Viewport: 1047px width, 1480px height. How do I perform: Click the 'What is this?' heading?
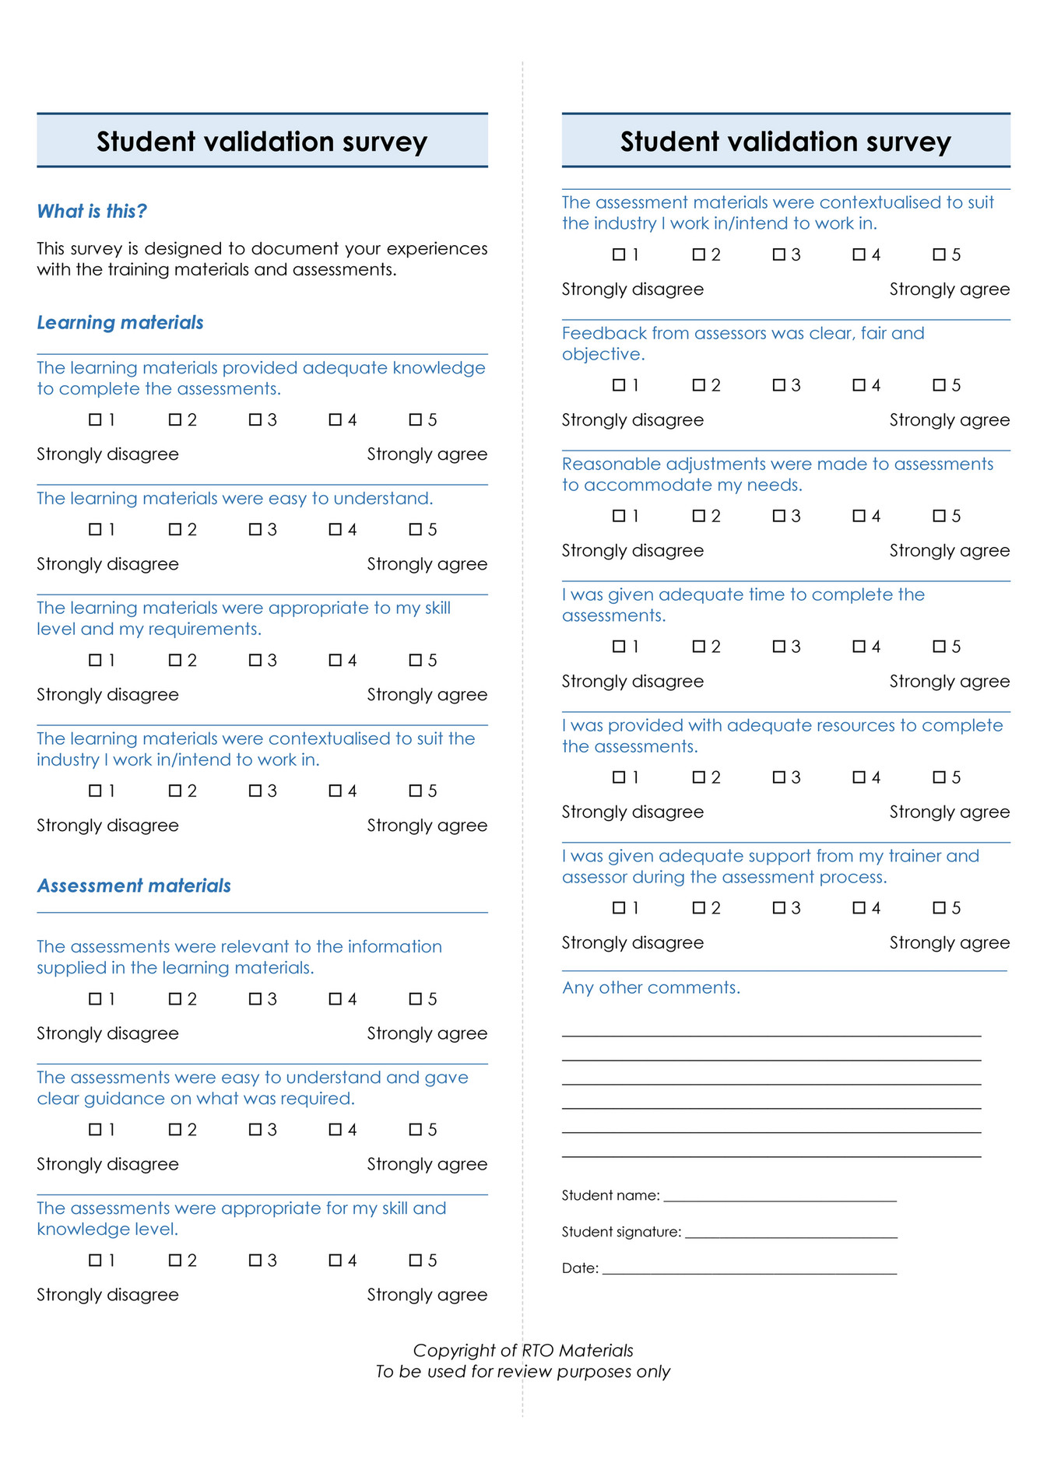[x=92, y=211]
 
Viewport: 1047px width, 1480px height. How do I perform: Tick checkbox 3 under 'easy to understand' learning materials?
[x=255, y=529]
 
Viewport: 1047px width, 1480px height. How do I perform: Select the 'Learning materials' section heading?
[x=120, y=322]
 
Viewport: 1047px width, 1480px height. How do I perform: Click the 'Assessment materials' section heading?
[x=134, y=886]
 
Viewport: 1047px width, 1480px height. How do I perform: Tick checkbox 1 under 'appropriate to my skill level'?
[x=96, y=660]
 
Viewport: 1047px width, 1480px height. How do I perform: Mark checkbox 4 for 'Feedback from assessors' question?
[x=859, y=385]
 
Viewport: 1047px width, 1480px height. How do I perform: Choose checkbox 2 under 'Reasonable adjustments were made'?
[x=699, y=516]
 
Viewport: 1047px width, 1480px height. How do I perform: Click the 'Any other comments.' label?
[x=651, y=987]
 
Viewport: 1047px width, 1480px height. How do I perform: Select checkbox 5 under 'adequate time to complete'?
[x=940, y=647]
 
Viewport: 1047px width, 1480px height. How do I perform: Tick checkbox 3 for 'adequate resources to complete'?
[x=779, y=777]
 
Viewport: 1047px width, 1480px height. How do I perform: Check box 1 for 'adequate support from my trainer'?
[x=619, y=908]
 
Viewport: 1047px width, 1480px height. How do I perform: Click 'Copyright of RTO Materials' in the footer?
[x=523, y=1350]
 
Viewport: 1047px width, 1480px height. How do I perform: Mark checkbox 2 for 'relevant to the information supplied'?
[x=175, y=998]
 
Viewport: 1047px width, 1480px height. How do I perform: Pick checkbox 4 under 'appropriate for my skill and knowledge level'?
[x=336, y=1260]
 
